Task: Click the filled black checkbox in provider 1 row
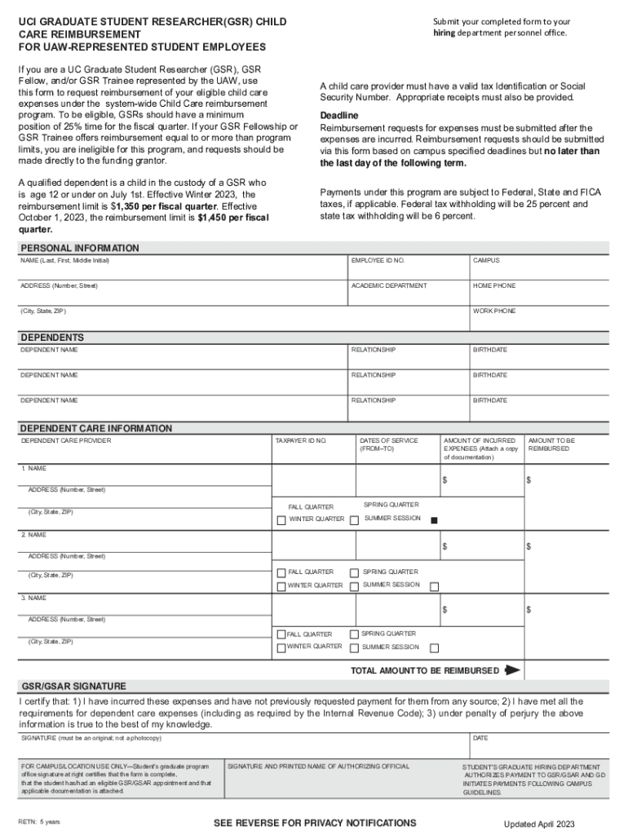tap(435, 520)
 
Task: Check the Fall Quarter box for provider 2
tap(281, 572)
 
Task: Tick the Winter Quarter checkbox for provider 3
tap(281, 648)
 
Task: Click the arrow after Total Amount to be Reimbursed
tap(512, 670)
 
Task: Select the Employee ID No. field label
tap(378, 260)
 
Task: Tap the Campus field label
tap(486, 260)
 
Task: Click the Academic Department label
tap(388, 285)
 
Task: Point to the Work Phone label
tap(494, 311)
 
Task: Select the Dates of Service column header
tap(378, 444)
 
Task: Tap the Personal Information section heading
tap(79, 248)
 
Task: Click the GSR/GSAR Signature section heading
tap(73, 686)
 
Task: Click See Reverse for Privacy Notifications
tap(315, 823)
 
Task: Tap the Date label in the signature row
tap(480, 738)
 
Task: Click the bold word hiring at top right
tap(447, 33)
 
